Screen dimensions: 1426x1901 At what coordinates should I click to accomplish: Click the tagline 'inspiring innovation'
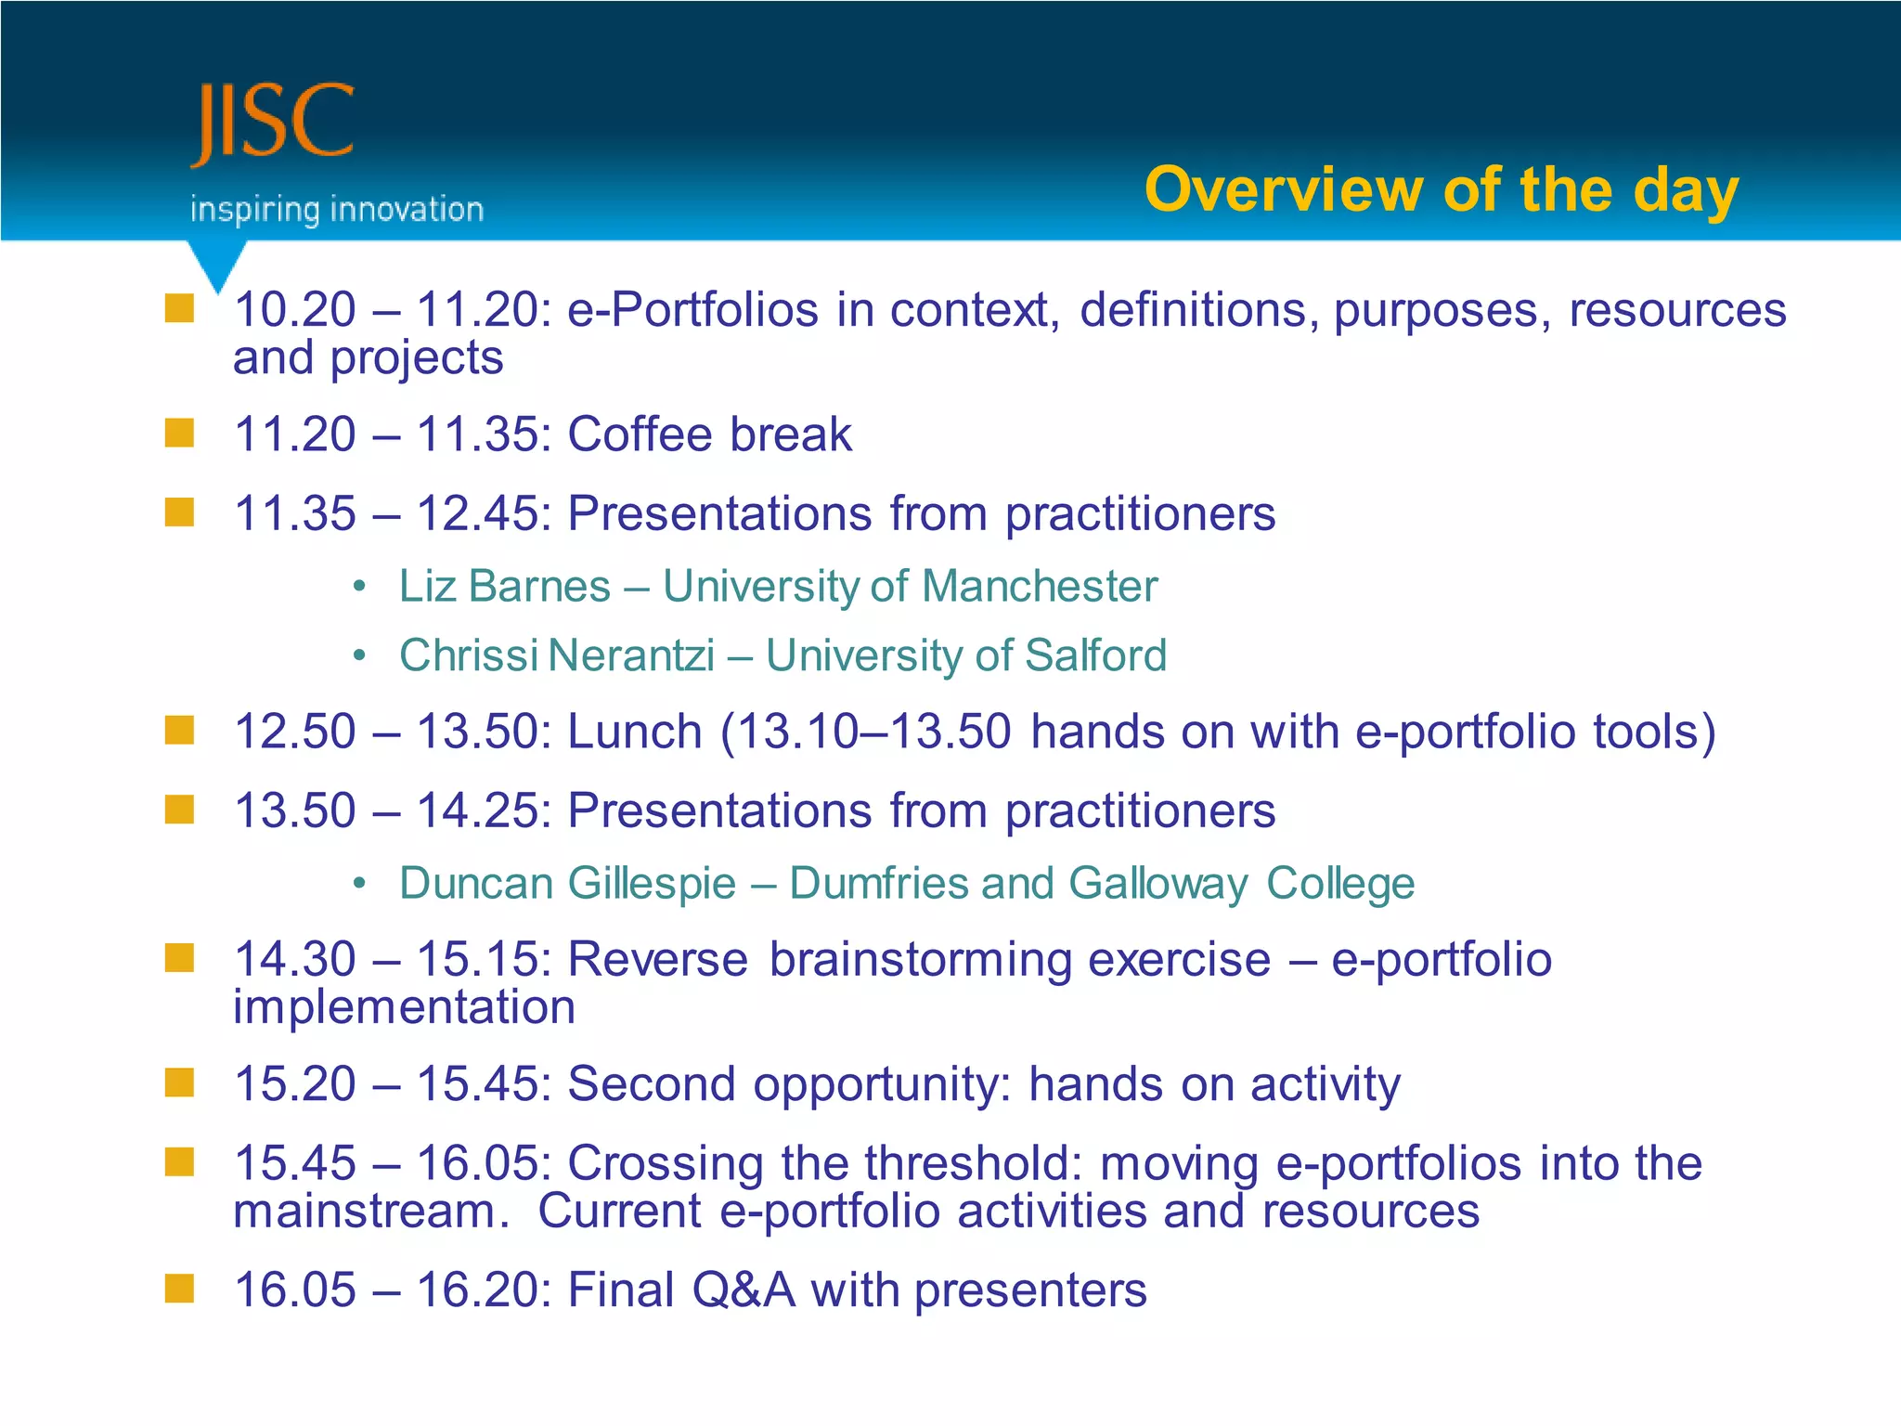337,210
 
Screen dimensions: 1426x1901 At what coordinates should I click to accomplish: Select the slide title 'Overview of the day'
1441,190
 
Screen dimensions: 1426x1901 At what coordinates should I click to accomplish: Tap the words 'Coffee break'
709,434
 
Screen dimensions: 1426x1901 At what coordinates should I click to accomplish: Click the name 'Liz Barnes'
504,587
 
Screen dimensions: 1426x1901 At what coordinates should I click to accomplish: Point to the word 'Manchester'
1040,587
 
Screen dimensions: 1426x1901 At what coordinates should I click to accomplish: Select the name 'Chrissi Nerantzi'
557,655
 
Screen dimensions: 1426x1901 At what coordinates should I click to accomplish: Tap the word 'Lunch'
635,732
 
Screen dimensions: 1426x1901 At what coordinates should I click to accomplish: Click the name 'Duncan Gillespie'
567,883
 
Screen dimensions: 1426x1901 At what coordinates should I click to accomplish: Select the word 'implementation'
404,1008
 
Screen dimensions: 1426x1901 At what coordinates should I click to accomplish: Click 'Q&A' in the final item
744,1290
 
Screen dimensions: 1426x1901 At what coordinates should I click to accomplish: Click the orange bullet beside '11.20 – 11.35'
179,433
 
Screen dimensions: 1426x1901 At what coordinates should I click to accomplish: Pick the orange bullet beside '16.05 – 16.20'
179,1289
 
